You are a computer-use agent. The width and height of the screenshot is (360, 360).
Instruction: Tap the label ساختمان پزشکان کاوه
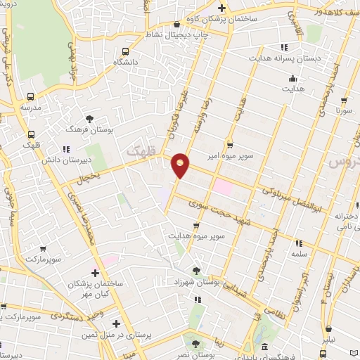tap(240, 19)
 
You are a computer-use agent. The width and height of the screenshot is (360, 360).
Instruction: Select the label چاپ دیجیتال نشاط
tap(173, 34)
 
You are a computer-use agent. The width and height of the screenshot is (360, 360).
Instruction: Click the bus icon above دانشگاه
tap(125, 51)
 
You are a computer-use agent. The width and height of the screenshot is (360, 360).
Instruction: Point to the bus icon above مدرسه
tap(30, 97)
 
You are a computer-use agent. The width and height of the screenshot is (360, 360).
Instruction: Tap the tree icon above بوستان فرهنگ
tap(89, 119)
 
